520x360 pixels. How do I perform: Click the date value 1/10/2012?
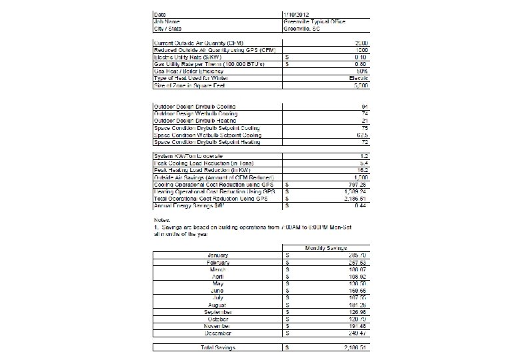[297, 14]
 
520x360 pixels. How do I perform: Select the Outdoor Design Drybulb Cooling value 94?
[365, 106]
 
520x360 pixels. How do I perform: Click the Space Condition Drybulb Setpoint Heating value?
[365, 142]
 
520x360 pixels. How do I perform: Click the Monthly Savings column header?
[327, 248]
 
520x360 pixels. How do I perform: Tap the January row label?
[219, 255]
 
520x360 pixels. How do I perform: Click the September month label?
[219, 312]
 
